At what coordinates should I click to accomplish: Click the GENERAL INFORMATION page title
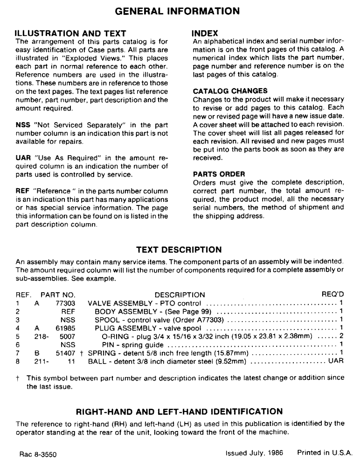click(177, 10)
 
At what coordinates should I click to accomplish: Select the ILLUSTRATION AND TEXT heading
click(70, 34)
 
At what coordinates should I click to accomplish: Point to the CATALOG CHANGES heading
click(230, 91)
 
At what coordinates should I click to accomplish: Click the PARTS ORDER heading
click(219, 174)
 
